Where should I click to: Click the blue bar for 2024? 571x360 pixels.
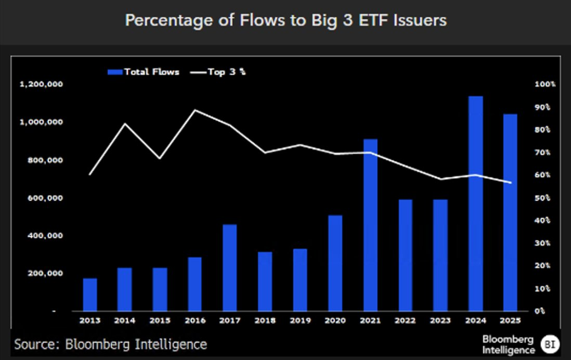475,203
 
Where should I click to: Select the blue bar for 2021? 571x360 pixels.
370,225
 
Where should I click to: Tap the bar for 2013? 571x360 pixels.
90,294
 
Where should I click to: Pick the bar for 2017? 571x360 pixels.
230,267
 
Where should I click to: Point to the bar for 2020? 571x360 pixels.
335,263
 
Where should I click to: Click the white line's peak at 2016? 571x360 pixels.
195,110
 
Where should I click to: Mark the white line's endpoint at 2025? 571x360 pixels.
511,183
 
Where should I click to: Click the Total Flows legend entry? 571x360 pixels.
144,72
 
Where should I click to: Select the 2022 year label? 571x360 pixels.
405,321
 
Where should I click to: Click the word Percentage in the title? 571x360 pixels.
159,21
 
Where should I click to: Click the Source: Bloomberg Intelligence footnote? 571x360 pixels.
110,344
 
